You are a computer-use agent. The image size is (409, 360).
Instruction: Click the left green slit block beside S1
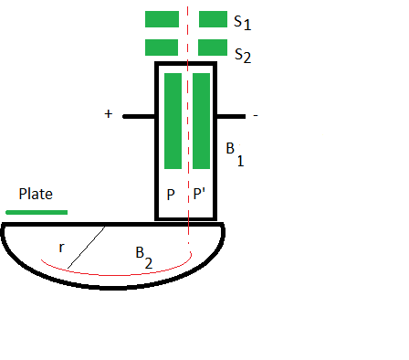(161, 19)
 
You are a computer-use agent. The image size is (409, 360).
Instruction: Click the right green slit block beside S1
(213, 19)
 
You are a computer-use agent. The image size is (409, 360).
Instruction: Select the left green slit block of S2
(161, 48)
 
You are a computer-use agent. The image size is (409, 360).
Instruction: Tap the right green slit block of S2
(213, 48)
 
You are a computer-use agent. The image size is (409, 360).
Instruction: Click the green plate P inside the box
(173, 121)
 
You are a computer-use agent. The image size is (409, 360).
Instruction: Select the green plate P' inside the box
(202, 121)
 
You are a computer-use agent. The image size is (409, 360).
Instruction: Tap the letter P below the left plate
(171, 195)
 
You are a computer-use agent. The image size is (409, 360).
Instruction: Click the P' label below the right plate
(201, 195)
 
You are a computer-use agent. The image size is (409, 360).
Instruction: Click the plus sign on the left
(109, 114)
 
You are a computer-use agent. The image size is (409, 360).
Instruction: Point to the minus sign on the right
(256, 116)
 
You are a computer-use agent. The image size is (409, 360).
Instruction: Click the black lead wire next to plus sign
(139, 116)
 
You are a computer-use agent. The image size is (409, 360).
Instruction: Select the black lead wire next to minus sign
(231, 116)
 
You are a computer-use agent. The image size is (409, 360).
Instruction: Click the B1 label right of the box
(234, 153)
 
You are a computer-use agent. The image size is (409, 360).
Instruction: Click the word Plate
(37, 194)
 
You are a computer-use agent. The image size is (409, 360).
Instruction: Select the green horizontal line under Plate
(37, 212)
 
